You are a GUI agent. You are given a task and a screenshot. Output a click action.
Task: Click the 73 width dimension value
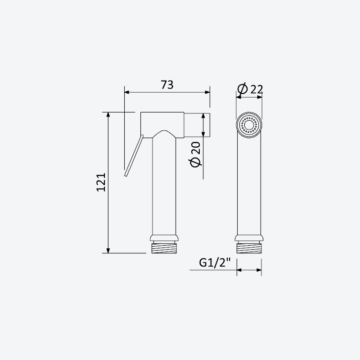(167, 85)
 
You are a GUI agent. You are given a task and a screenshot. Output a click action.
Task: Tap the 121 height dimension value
(101, 182)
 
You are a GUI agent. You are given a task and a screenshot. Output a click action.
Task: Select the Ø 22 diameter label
(250, 89)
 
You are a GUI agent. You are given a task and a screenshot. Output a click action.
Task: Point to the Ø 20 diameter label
(195, 154)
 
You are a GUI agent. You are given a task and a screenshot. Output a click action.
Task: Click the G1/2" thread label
(215, 263)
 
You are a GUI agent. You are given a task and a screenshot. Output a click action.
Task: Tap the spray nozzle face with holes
(249, 125)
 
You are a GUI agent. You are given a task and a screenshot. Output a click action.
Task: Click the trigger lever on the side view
(134, 155)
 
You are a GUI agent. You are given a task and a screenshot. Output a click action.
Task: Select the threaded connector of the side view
(164, 248)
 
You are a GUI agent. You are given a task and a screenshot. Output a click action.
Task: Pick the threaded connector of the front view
(249, 248)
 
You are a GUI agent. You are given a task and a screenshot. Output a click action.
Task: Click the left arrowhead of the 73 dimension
(127, 92)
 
